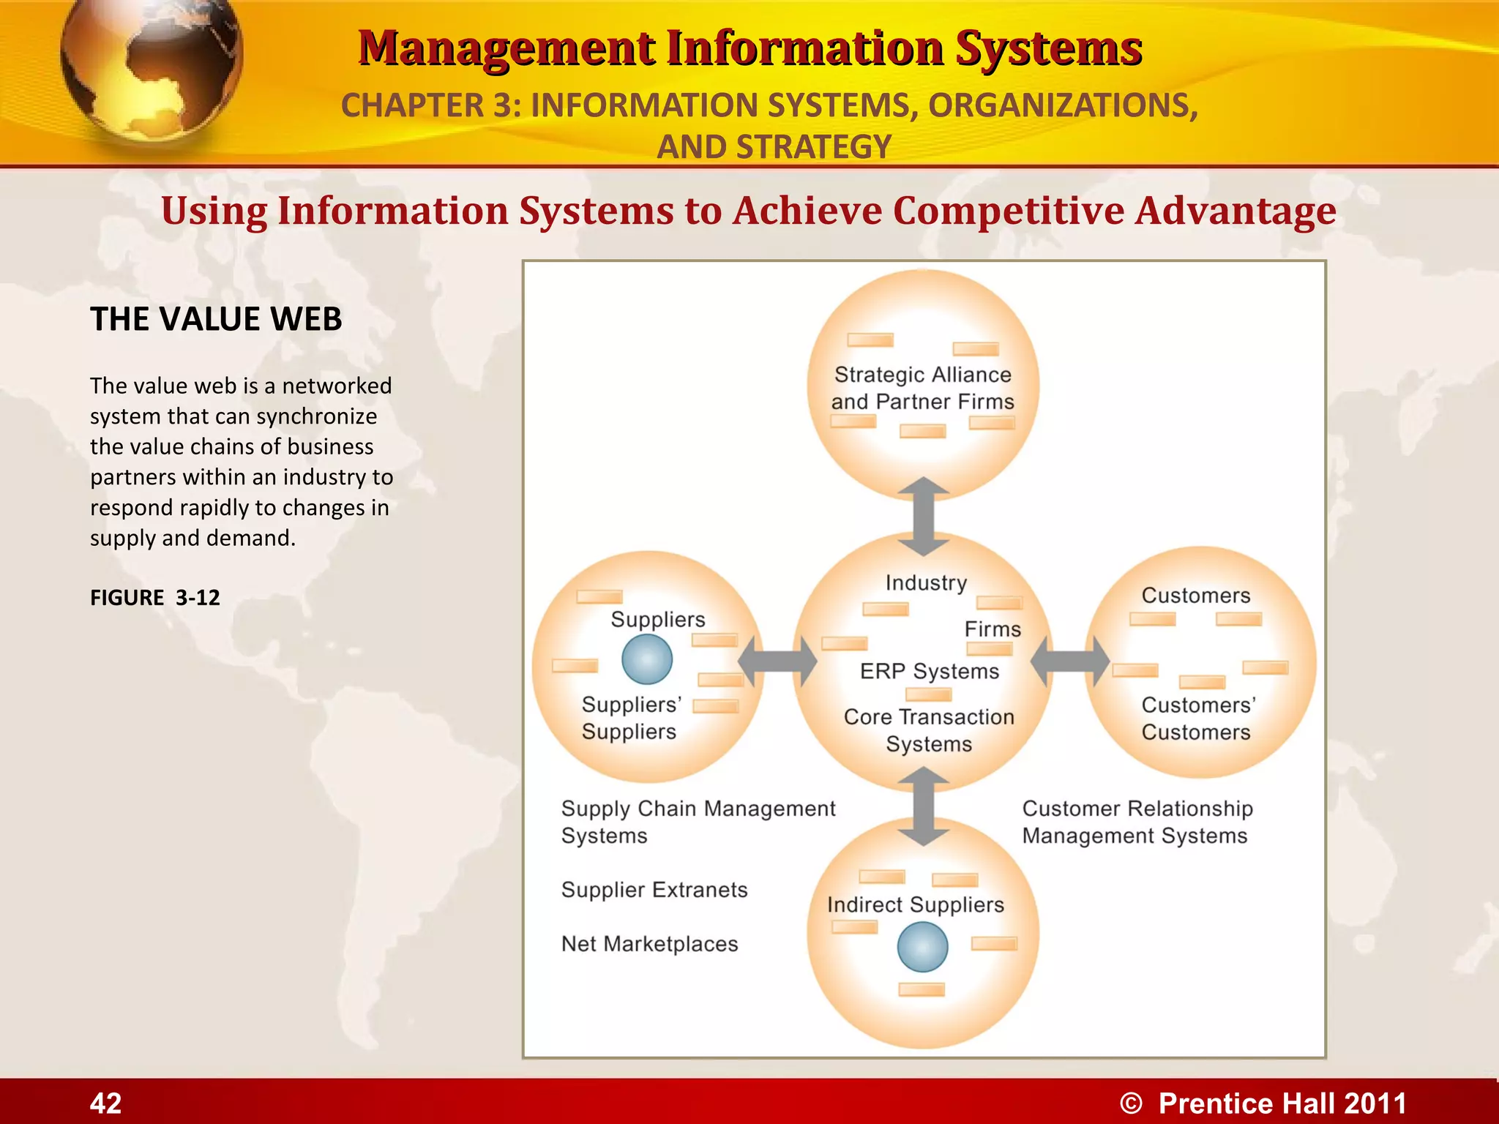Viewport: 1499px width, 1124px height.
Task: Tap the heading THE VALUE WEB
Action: click(216, 319)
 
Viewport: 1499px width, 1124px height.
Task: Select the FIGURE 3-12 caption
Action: click(154, 597)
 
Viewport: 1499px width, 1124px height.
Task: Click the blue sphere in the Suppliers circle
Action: click(647, 659)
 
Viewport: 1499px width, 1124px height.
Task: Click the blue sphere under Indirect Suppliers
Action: click(922, 947)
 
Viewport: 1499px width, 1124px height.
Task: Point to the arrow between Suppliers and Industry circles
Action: click(777, 662)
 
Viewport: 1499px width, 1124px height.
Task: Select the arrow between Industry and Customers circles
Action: click(1070, 662)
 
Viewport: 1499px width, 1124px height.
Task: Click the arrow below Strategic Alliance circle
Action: click(924, 517)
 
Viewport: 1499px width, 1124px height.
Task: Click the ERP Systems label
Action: click(930, 671)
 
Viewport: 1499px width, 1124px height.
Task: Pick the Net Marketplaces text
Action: click(649, 944)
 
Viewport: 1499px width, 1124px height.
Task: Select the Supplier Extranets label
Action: click(654, 890)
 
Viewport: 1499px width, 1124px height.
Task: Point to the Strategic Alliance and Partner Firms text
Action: click(922, 388)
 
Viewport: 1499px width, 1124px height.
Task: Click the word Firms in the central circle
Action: click(993, 629)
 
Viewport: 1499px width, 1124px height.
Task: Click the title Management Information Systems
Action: click(749, 48)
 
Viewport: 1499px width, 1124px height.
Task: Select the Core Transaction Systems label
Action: click(929, 730)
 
